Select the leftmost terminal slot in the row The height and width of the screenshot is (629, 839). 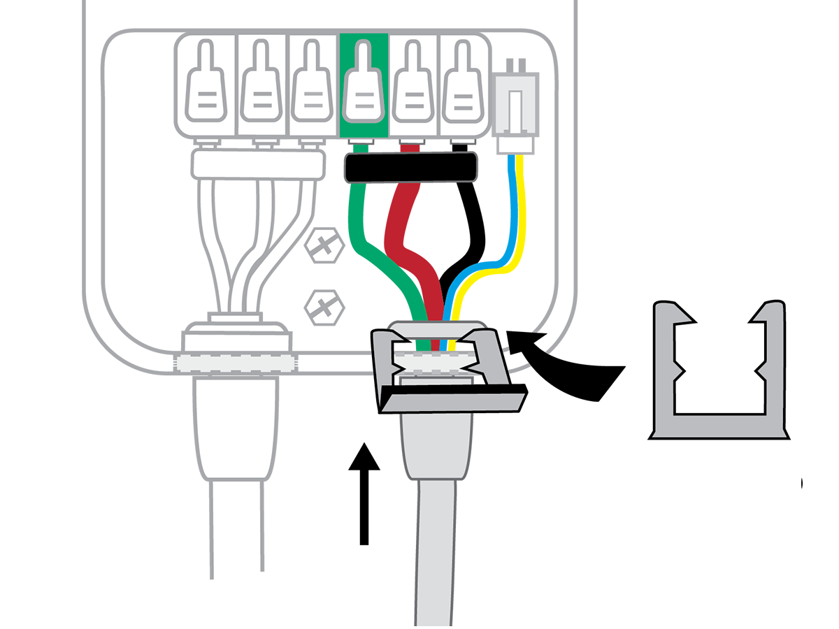[x=206, y=87]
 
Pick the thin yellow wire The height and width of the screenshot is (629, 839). [x=520, y=210]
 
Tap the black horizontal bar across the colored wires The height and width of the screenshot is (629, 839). [x=411, y=169]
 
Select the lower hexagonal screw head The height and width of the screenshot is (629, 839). [x=324, y=306]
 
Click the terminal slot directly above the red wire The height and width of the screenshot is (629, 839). [x=413, y=87]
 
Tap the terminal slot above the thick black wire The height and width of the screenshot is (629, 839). [x=461, y=87]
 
